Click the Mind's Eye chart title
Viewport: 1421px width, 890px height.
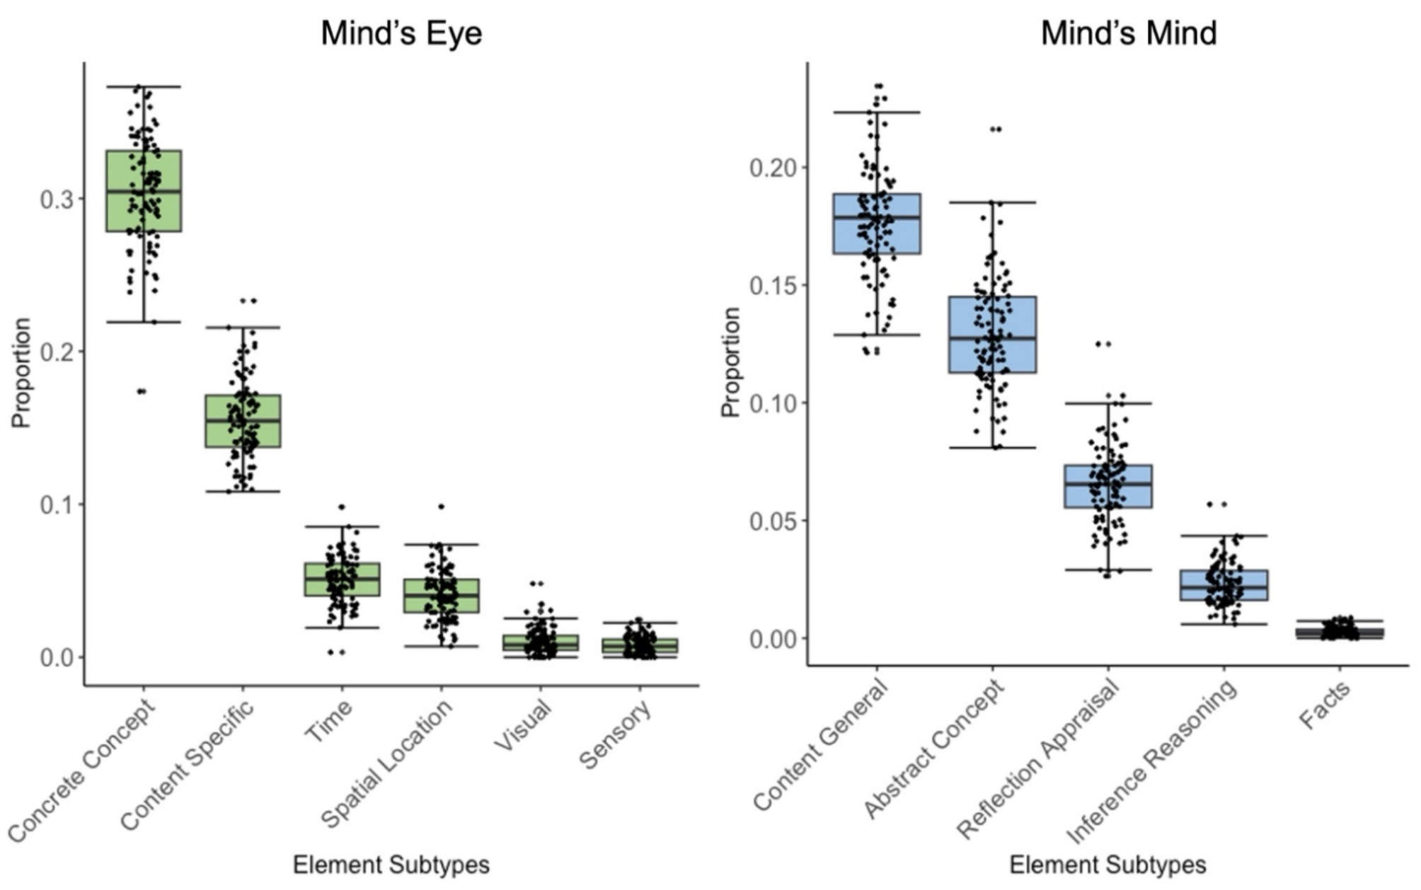401,33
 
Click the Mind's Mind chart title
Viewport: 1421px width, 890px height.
1128,33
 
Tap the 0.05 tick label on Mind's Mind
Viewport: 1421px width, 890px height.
772,521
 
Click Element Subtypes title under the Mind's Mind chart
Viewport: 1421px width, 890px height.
1108,865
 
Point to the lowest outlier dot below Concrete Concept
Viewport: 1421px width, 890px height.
142,391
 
